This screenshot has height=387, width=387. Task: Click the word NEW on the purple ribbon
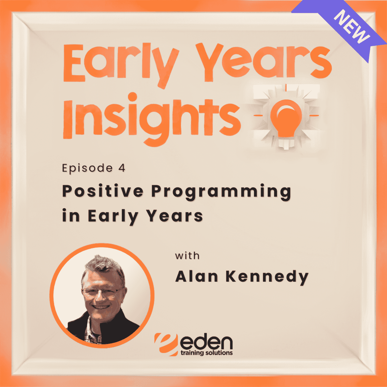click(352, 27)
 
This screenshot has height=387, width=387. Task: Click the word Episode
click(87, 168)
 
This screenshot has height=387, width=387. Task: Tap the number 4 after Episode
click(122, 168)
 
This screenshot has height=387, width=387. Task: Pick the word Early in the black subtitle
click(113, 216)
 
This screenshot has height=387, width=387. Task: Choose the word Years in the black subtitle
click(175, 216)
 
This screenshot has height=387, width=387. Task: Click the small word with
click(187, 256)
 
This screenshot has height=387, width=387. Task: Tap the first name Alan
click(197, 276)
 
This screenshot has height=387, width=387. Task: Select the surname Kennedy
click(267, 277)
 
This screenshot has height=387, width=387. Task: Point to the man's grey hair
click(104, 264)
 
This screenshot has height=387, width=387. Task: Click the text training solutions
click(206, 353)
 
